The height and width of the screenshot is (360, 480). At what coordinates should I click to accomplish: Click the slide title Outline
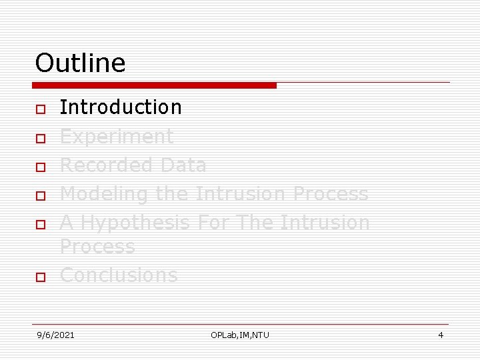pyautogui.click(x=80, y=63)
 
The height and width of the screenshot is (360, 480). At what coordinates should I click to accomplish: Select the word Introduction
pyautogui.click(x=121, y=107)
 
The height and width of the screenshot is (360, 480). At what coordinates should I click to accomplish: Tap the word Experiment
pyautogui.click(x=117, y=137)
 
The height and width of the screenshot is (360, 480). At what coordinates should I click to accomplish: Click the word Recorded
pyautogui.click(x=101, y=165)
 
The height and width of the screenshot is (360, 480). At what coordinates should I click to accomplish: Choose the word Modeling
pyautogui.click(x=105, y=194)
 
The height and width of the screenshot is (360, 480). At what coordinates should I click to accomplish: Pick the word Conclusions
pyautogui.click(x=119, y=275)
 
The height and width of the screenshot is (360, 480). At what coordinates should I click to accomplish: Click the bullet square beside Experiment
pyautogui.click(x=40, y=139)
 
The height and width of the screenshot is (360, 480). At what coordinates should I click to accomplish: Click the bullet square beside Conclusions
pyautogui.click(x=40, y=277)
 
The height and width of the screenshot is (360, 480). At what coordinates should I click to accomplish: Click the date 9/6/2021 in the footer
pyautogui.click(x=55, y=335)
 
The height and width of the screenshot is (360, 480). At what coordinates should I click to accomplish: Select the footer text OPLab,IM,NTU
pyautogui.click(x=240, y=335)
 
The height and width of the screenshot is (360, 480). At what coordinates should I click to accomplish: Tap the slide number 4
pyautogui.click(x=441, y=335)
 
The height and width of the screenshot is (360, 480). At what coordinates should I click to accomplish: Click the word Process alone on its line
pyautogui.click(x=97, y=247)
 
